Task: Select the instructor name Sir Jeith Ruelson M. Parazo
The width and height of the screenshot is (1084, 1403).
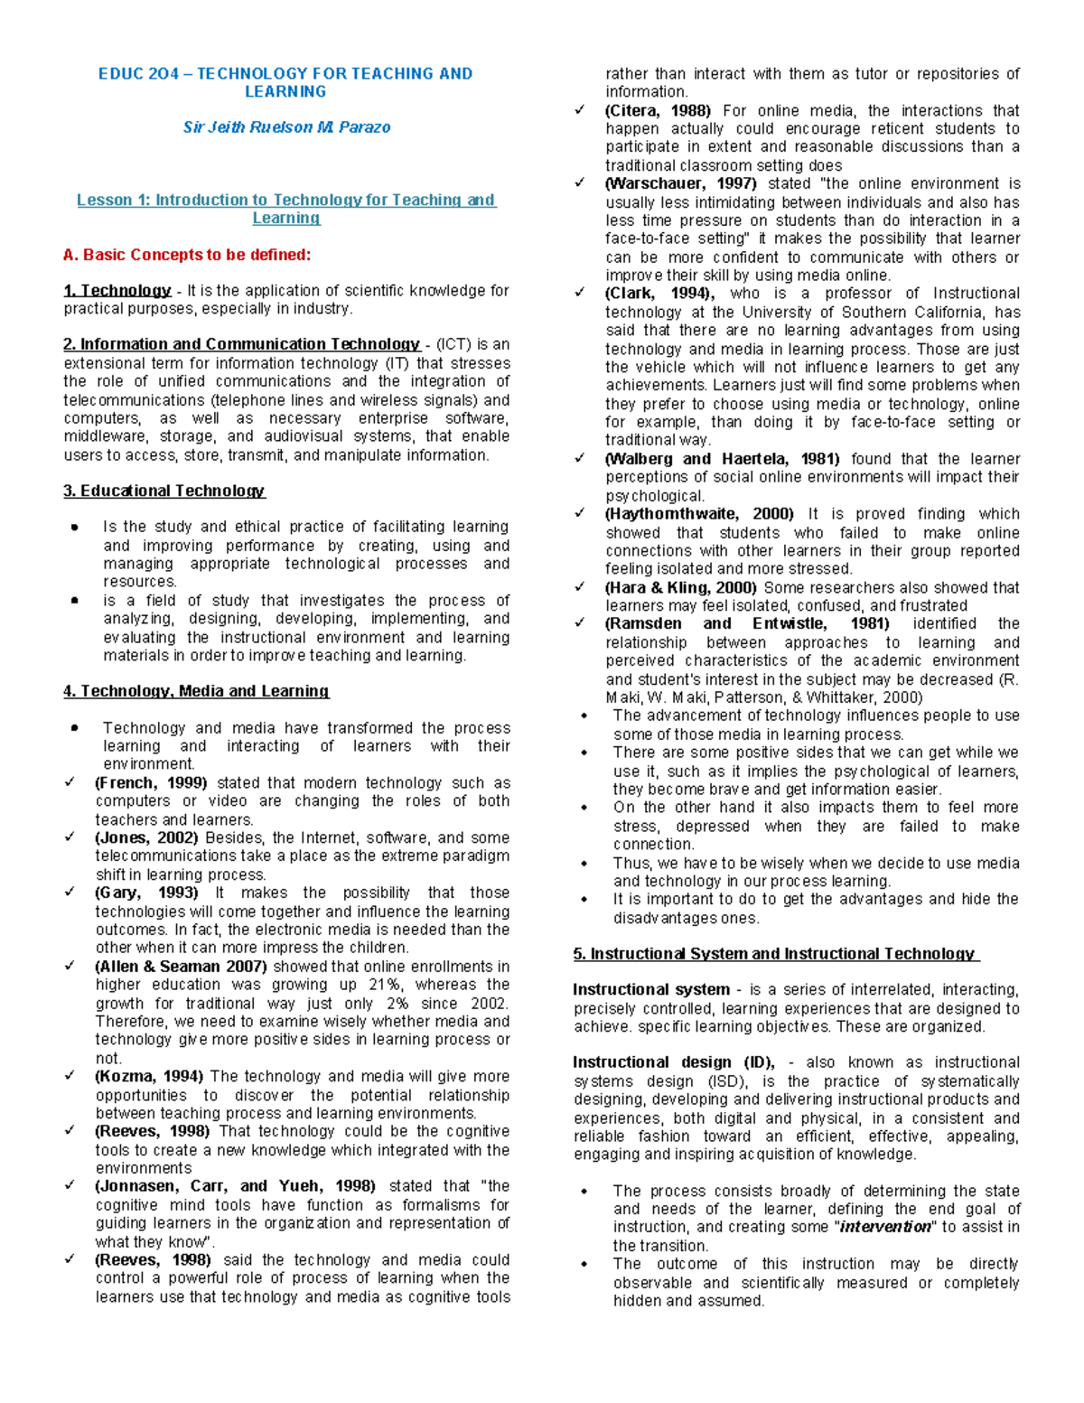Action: coord(286,127)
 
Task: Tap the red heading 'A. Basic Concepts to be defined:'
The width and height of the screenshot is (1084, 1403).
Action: coord(187,255)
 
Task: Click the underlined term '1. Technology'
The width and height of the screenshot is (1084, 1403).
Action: coord(117,291)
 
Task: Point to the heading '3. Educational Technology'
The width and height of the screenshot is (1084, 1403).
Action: coord(164,491)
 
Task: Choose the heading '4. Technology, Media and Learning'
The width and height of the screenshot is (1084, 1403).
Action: coord(196,691)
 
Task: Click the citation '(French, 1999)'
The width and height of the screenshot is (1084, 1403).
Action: coord(151,783)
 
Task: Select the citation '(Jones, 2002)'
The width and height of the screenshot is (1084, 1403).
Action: coord(147,838)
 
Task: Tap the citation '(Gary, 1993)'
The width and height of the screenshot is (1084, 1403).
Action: coord(146,893)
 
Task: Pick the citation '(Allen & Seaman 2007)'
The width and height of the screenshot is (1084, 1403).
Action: coord(181,967)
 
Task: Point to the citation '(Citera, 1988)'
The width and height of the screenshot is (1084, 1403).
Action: coord(658,111)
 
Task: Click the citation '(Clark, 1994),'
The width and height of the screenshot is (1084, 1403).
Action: coord(659,294)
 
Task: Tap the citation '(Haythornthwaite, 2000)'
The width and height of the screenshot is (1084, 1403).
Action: coord(699,514)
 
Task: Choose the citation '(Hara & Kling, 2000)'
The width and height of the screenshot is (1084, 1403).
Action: coord(681,587)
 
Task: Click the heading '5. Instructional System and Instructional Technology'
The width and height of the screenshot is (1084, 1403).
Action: coord(776,954)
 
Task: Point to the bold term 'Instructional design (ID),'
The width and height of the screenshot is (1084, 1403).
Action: coord(673,1062)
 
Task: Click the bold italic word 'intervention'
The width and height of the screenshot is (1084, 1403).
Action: coord(885,1228)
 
